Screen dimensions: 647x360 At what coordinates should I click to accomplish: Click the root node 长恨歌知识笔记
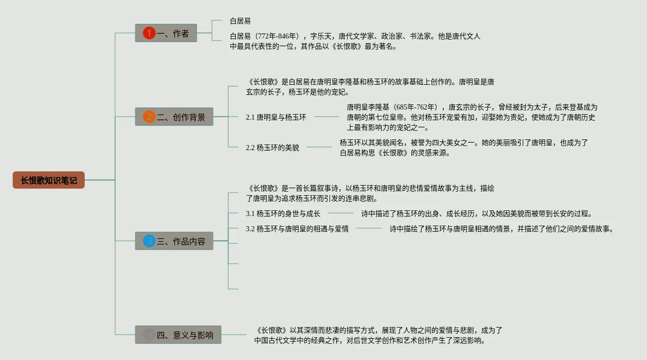49,180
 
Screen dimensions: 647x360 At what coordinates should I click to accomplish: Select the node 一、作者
166,33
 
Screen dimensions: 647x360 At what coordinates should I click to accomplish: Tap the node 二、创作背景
174,117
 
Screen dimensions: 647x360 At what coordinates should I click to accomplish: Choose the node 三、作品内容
174,241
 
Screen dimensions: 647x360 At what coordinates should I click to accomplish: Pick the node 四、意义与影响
178,335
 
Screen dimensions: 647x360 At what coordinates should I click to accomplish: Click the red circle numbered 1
149,33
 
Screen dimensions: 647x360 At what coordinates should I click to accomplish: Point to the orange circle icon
149,117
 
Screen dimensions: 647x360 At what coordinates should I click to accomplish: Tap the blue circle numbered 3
149,241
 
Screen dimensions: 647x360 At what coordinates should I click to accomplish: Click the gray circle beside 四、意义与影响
149,335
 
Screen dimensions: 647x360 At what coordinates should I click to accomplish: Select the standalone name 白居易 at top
240,21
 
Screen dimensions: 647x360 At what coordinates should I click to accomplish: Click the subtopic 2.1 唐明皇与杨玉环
276,117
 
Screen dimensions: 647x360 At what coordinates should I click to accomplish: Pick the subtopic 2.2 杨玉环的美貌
272,148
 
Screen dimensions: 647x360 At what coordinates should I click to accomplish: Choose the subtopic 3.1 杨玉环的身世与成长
283,213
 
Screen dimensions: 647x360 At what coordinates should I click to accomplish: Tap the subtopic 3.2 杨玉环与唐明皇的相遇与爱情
297,229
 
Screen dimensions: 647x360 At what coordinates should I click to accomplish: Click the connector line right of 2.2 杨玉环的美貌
319,148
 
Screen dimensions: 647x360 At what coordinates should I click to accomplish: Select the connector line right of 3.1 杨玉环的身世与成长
341,213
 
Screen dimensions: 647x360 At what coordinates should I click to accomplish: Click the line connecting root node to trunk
99,180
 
